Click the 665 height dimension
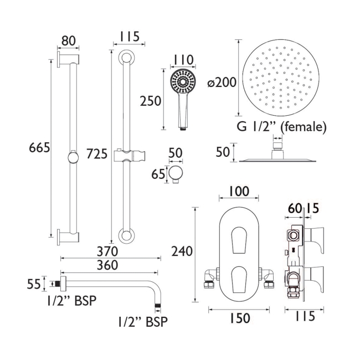pos(39,148)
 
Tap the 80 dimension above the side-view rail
pos(68,41)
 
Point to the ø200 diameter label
pos(222,83)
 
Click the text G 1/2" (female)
pos(281,127)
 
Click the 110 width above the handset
pos(183,60)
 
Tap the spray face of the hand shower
pos(183,84)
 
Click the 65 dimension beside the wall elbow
pos(158,174)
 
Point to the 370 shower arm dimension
pos(109,251)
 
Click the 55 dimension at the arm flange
pos(34,284)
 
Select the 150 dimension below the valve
pos(239,318)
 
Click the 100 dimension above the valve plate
pos(239,192)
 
